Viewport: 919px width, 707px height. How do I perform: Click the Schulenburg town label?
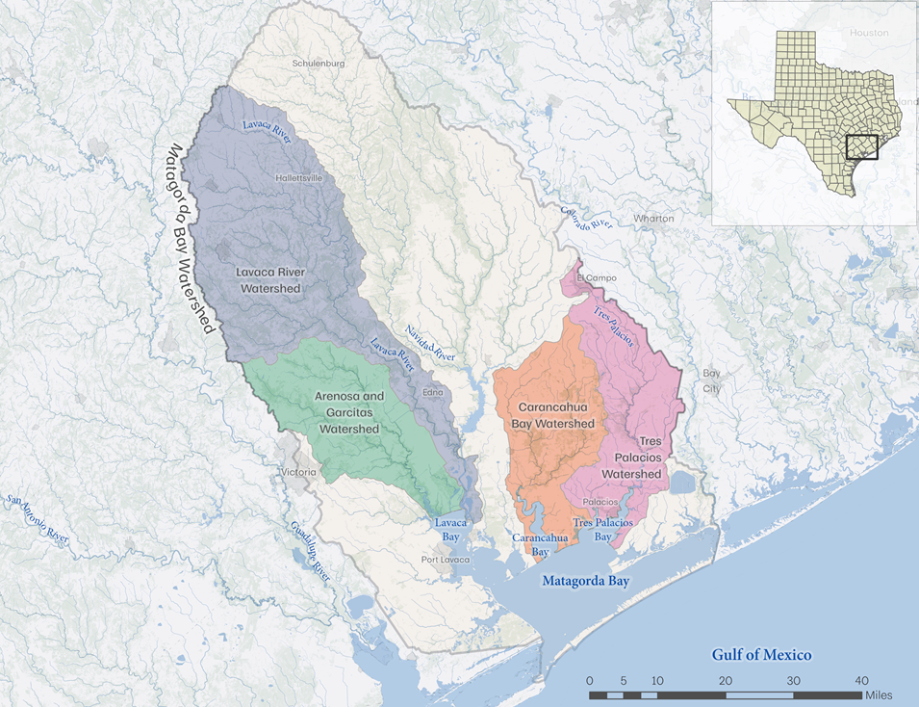[318, 64]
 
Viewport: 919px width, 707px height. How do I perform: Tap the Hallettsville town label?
[298, 178]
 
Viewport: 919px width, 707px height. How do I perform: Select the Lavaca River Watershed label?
[269, 280]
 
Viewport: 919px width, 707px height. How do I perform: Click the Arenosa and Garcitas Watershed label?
[349, 411]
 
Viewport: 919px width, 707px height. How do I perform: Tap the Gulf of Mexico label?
[761, 655]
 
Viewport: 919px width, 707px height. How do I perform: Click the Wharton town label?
[653, 219]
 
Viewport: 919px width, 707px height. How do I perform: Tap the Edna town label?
[433, 392]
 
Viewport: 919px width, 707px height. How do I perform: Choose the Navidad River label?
[429, 343]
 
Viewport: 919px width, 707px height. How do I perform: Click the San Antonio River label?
[38, 520]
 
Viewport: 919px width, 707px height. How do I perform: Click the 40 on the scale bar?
[862, 681]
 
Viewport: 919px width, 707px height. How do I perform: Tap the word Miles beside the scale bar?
[879, 695]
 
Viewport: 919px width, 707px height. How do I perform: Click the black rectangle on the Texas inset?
[861, 147]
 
